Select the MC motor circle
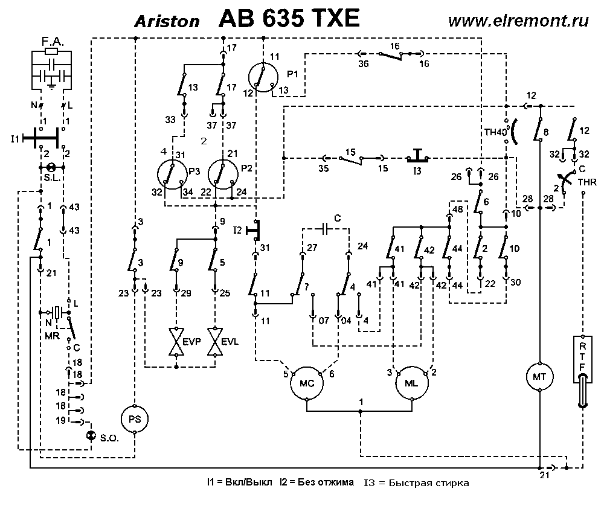tap(307, 382)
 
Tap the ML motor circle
tap(412, 382)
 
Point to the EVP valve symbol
tap(176, 342)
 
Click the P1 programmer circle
tap(263, 76)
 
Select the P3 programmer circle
tap(172, 176)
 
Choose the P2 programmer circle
tap(222, 176)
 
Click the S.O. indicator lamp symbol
tap(91, 436)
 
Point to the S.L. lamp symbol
tap(52, 167)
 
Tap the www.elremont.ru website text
tap(519, 20)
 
